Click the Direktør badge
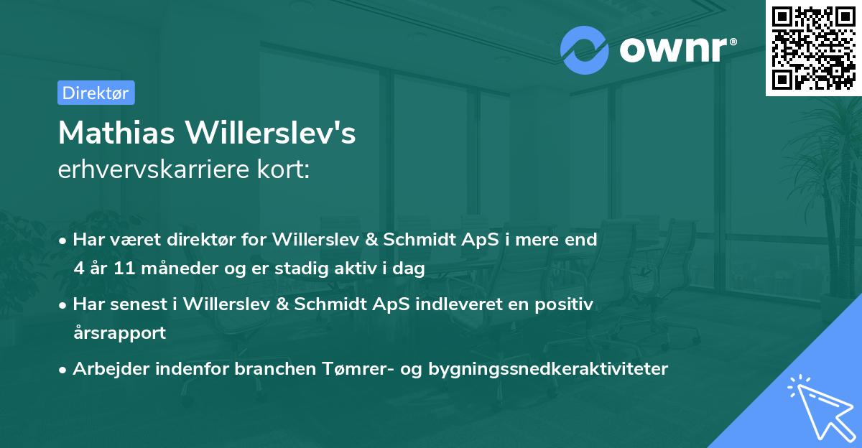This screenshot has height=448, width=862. (96, 93)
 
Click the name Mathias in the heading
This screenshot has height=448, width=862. (116, 133)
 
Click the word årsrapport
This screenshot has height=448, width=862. (119, 333)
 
